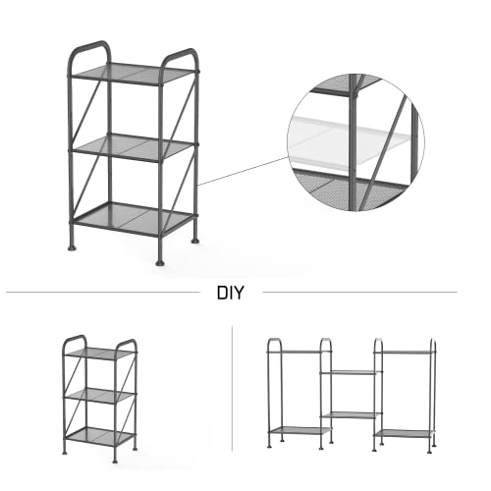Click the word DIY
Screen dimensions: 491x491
pos(231,292)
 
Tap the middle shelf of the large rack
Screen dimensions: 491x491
pos(133,147)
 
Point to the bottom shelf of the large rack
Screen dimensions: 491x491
pos(133,218)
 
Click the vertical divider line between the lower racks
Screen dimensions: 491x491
pos(232,393)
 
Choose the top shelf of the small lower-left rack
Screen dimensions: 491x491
pos(98,353)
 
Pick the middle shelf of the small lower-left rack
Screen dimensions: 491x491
pos(98,395)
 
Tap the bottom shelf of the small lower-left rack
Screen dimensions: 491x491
pos(98,436)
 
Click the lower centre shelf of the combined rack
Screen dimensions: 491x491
pos(350,414)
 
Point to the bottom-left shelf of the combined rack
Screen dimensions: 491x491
pos(299,430)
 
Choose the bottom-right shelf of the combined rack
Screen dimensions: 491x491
pos(404,432)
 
